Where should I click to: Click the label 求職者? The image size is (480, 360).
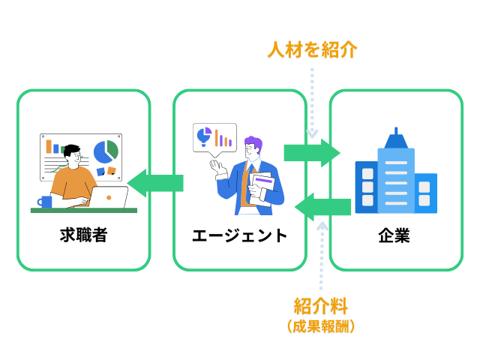(x=83, y=235)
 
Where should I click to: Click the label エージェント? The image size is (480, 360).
(x=239, y=235)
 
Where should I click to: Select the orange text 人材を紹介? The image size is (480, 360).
(x=312, y=50)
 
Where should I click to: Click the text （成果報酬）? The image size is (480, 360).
(x=321, y=326)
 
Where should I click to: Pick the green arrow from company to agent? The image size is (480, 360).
(x=323, y=206)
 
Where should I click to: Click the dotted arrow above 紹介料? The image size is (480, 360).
(x=322, y=255)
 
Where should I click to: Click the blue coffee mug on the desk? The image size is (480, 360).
(x=46, y=201)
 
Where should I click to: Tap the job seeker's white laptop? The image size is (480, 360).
(x=109, y=197)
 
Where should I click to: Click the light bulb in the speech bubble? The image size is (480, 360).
(x=204, y=135)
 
